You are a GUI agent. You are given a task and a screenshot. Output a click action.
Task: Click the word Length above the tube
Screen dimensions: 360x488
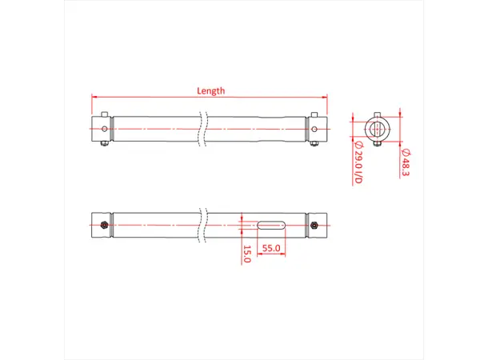click(x=210, y=90)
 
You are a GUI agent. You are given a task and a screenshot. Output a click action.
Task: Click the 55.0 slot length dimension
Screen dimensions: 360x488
click(x=271, y=248)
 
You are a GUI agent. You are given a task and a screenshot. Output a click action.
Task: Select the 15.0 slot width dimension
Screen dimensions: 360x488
click(x=247, y=254)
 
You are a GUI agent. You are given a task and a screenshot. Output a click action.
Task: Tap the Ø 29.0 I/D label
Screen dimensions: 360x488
click(x=358, y=164)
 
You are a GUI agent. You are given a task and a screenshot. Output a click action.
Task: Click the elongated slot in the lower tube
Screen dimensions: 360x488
click(x=271, y=223)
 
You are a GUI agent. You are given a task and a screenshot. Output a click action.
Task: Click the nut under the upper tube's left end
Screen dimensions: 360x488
click(x=104, y=143)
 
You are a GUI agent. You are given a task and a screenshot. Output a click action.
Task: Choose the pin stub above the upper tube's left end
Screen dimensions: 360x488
click(x=104, y=114)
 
